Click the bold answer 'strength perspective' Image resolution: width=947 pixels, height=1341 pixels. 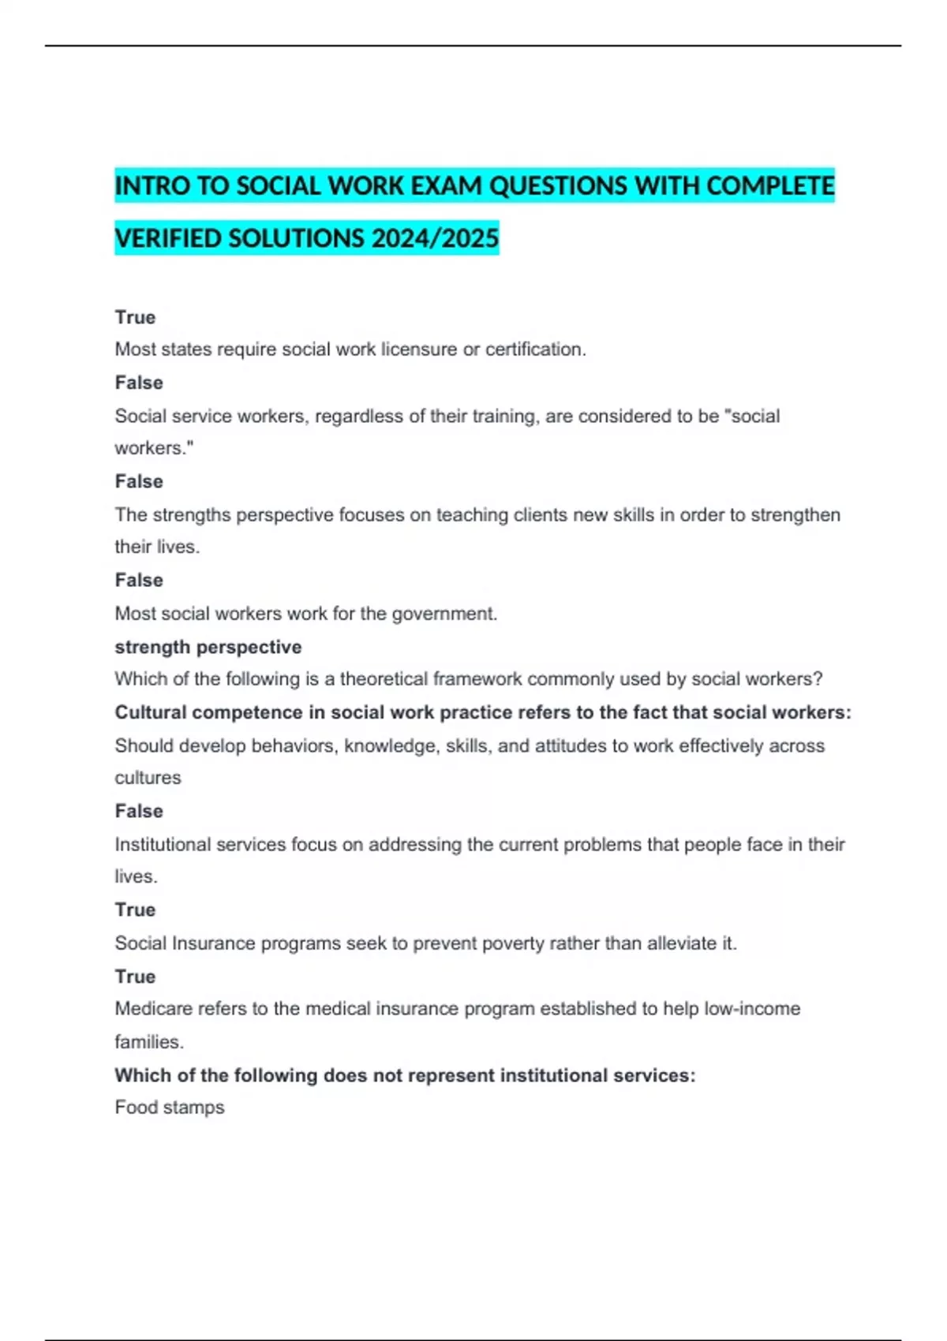pyautogui.click(x=208, y=647)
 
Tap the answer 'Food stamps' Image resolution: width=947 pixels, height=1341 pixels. pyautogui.click(x=170, y=1108)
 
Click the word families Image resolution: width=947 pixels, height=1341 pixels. pyautogui.click(x=148, y=1042)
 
